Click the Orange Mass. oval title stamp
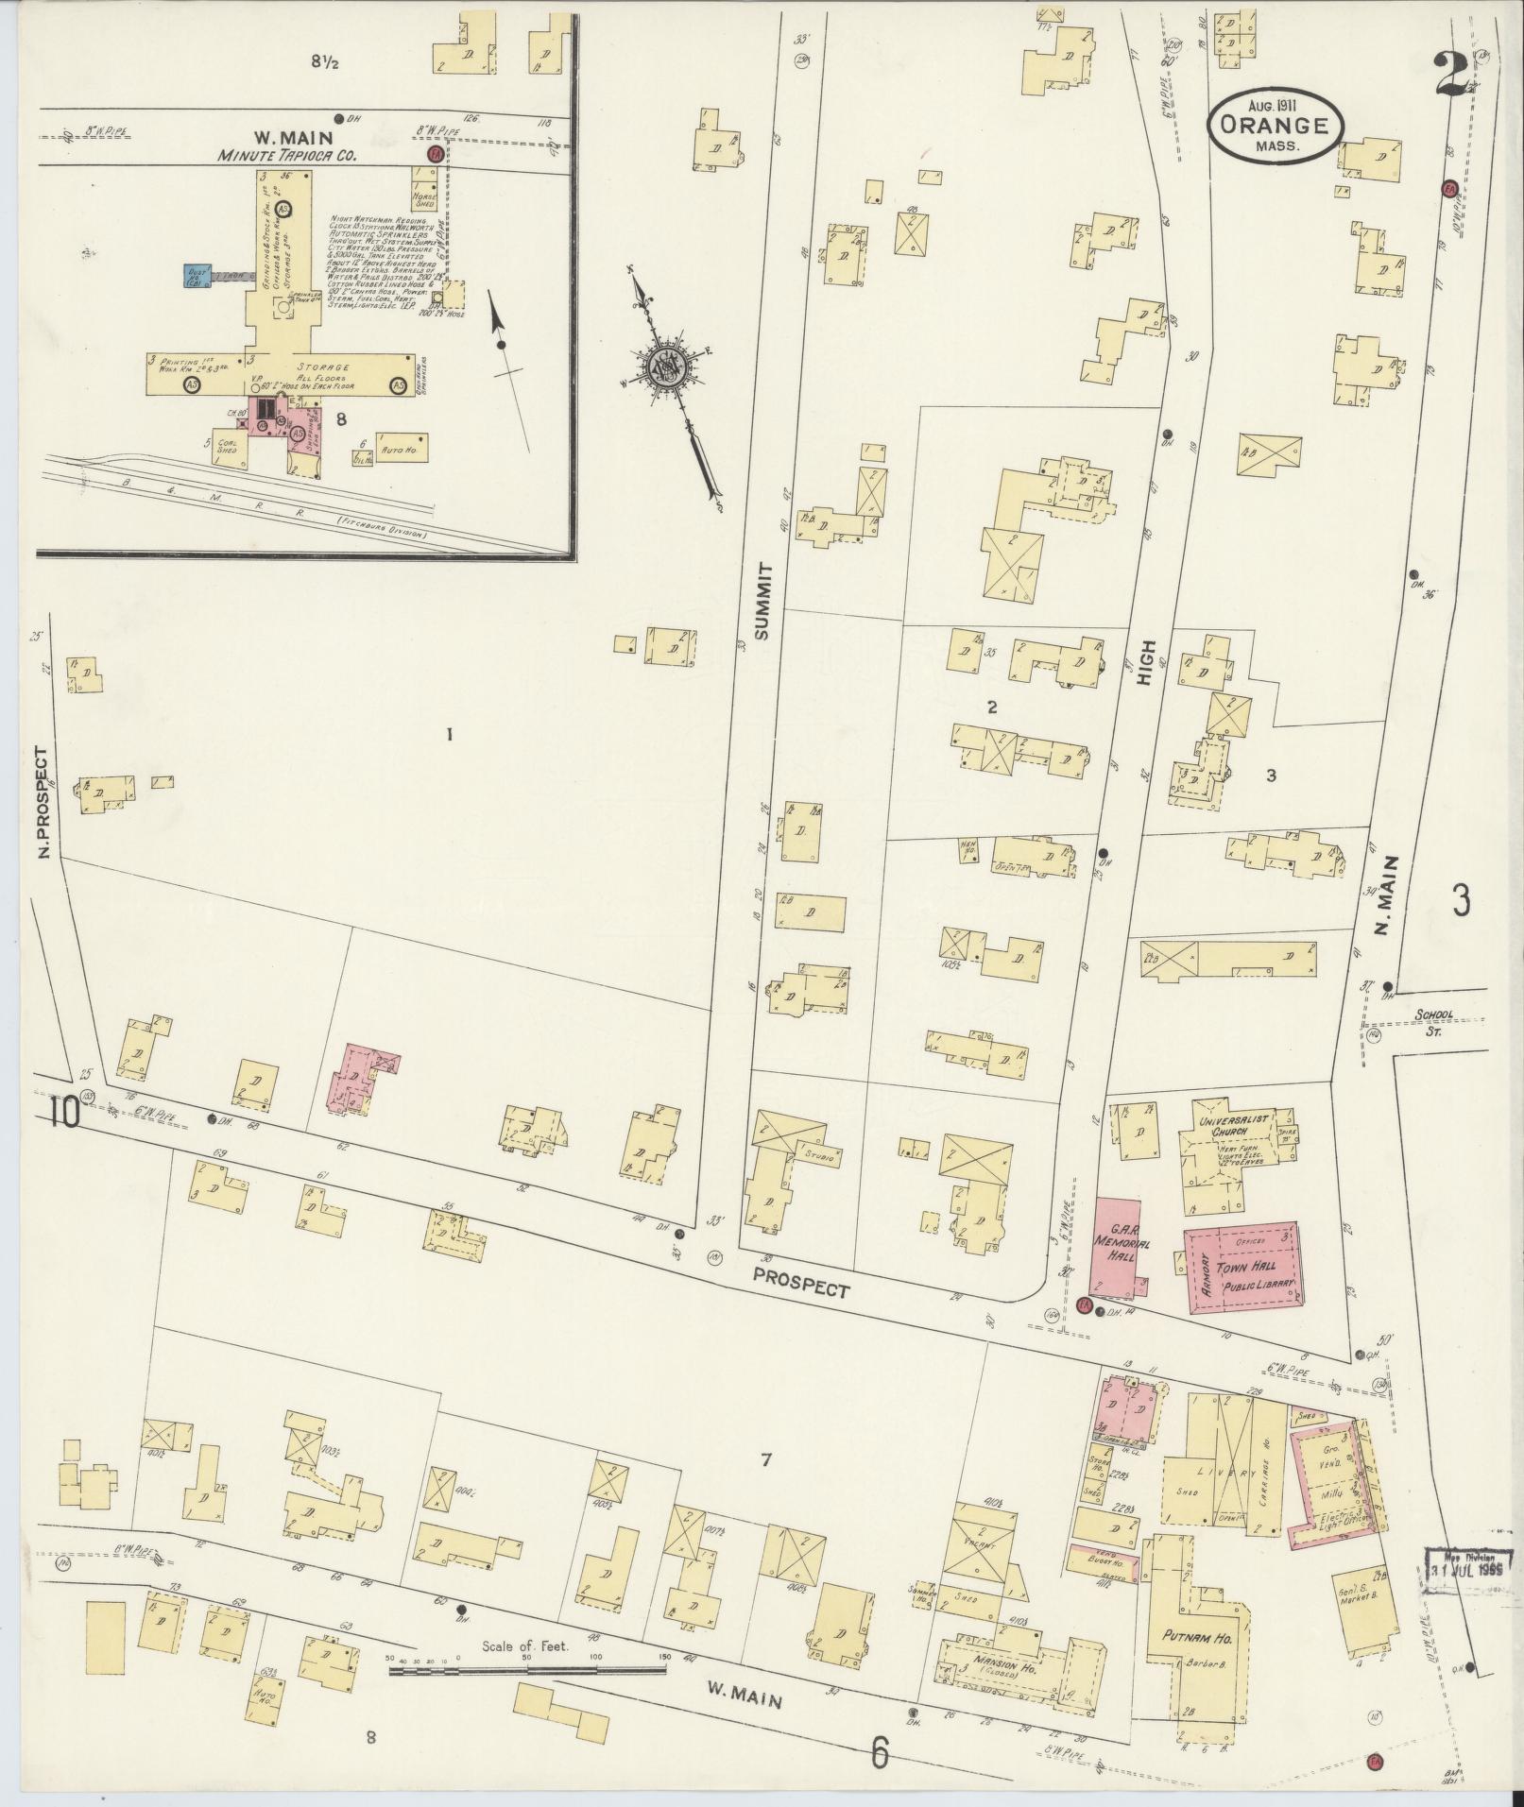pyautogui.click(x=1274, y=126)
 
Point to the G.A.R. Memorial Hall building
pyautogui.click(x=1116, y=1245)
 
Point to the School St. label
pyautogui.click(x=1435, y=1020)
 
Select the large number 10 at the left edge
pyautogui.click(x=65, y=1112)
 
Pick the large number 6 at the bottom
pyautogui.click(x=881, y=1753)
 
